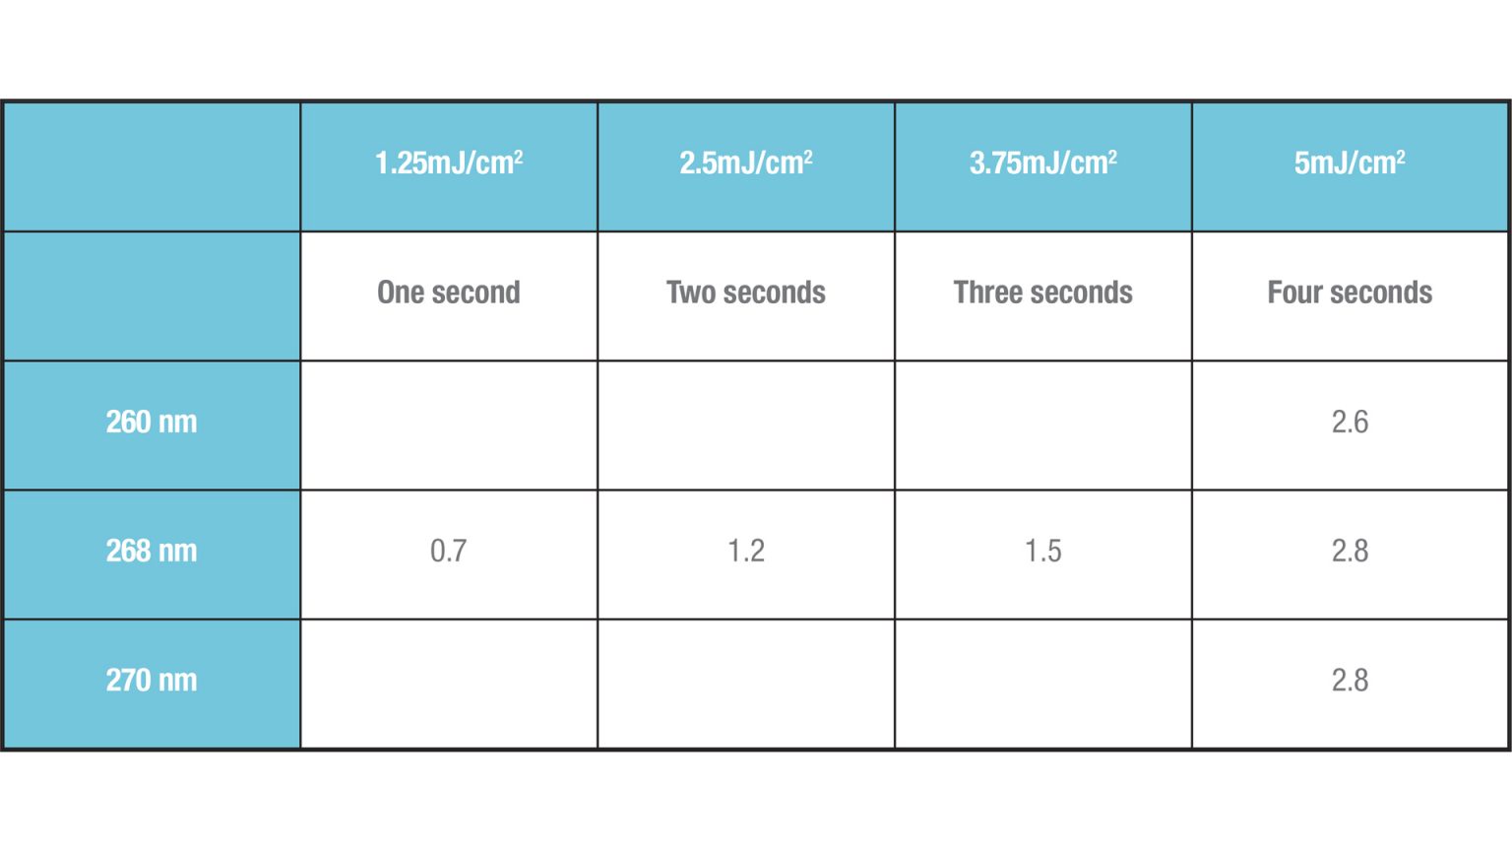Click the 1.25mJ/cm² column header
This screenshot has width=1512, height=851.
pos(449,164)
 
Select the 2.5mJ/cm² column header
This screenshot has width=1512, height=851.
pos(746,164)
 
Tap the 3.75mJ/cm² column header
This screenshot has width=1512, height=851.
pos(1042,164)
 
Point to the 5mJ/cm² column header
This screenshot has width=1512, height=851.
pos(1350,164)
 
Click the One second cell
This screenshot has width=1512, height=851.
pos(449,293)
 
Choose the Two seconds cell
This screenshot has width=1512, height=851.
pos(746,293)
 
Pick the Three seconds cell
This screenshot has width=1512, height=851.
pos(1042,293)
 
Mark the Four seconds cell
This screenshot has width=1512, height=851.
pos(1350,293)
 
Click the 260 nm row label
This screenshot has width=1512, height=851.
pos(152,423)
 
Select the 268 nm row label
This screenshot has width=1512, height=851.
pos(152,552)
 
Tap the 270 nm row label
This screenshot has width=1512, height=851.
pos(152,681)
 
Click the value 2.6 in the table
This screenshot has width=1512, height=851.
pos(1350,423)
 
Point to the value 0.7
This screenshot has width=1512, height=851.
pos(448,552)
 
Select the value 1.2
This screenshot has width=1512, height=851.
pos(746,552)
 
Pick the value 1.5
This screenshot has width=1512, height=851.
pos(1042,552)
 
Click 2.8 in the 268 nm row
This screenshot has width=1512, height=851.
pos(1350,552)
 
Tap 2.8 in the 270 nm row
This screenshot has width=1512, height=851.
pos(1350,681)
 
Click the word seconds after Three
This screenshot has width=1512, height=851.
pos(1088,293)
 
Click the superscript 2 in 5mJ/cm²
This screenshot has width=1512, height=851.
pos(1401,156)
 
